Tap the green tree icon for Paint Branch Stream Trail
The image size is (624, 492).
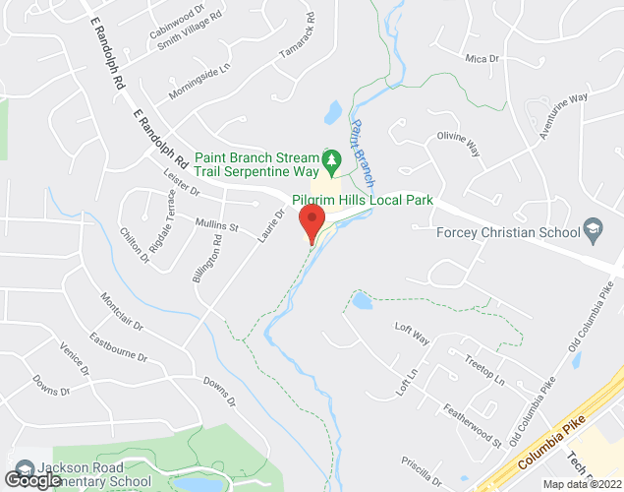[x=332, y=157]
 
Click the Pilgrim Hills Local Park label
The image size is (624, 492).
[x=369, y=200]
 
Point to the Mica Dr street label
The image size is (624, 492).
[x=482, y=59]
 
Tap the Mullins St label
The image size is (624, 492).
[x=217, y=225]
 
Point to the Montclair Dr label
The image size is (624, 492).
[x=122, y=310]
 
